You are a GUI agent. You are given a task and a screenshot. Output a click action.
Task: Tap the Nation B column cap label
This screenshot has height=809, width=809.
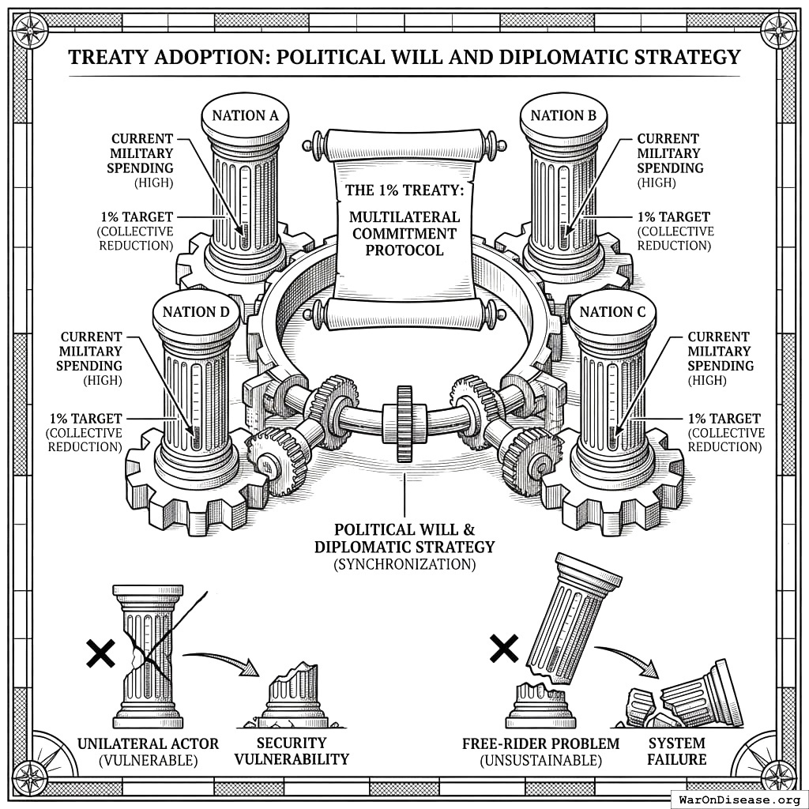click(563, 115)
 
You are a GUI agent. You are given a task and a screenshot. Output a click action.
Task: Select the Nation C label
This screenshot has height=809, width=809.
click(612, 312)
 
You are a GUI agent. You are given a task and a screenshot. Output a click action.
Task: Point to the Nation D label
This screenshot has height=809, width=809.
click(196, 312)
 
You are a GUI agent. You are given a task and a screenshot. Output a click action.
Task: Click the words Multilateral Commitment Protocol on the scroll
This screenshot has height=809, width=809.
click(404, 233)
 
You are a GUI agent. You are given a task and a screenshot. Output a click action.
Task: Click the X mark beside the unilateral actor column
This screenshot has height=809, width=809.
click(100, 653)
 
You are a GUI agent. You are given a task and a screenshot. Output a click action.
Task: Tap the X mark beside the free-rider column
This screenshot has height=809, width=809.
click(504, 649)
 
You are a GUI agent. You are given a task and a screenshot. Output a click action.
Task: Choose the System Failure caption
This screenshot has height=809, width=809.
click(677, 751)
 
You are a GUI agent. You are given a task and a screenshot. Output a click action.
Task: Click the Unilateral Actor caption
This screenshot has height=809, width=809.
click(148, 751)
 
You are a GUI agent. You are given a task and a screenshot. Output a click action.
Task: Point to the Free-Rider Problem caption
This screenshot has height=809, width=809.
click(541, 751)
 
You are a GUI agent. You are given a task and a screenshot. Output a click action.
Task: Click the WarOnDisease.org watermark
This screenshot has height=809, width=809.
click(739, 799)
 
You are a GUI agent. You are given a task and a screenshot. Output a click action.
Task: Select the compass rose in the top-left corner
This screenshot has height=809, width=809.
click(31, 31)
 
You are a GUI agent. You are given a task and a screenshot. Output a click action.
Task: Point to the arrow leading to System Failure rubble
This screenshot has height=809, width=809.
click(628, 657)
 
